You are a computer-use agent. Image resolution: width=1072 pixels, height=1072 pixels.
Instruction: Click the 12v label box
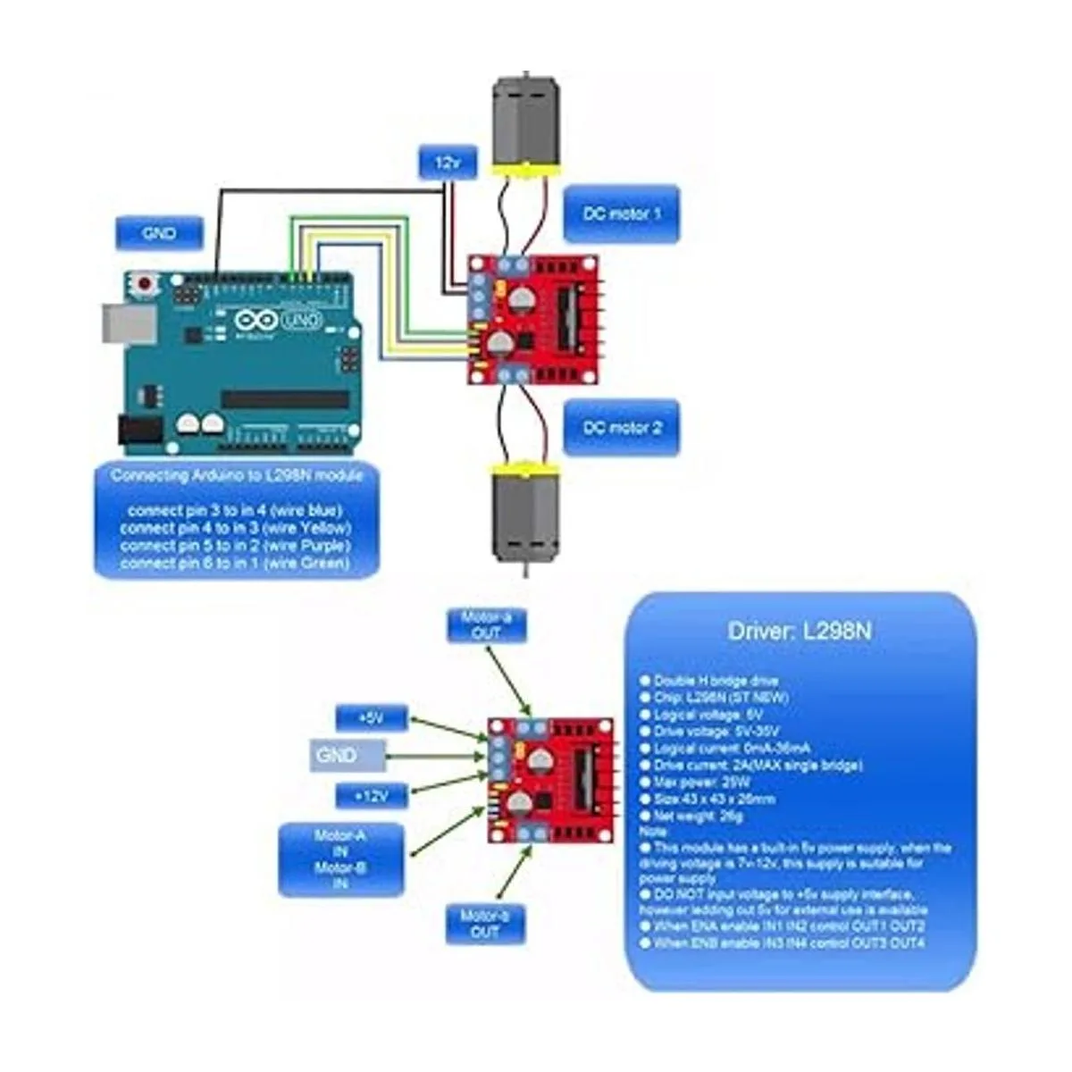tap(448, 163)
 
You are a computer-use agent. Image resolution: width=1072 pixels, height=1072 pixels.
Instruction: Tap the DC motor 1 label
tap(622, 214)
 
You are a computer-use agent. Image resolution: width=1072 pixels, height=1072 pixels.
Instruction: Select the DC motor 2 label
tap(622, 428)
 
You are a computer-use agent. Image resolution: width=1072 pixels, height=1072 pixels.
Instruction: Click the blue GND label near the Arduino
tap(159, 234)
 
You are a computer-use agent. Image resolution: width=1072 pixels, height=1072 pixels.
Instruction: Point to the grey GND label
tap(348, 756)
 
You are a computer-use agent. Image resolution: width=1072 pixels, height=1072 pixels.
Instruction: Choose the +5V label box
tap(372, 717)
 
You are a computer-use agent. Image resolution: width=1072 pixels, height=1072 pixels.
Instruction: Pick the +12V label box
tap(372, 795)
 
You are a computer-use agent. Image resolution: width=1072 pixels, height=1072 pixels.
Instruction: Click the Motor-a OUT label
tap(486, 625)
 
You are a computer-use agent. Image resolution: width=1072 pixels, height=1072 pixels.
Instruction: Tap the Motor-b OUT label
tap(485, 924)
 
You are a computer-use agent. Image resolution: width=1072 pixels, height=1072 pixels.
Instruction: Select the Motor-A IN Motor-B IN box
tap(340, 859)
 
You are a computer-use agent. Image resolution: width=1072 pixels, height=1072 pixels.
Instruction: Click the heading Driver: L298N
tap(800, 632)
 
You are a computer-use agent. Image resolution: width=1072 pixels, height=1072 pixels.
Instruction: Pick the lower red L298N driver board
tap(550, 780)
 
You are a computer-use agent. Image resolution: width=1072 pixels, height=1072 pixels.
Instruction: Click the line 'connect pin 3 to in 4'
tap(236, 511)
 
